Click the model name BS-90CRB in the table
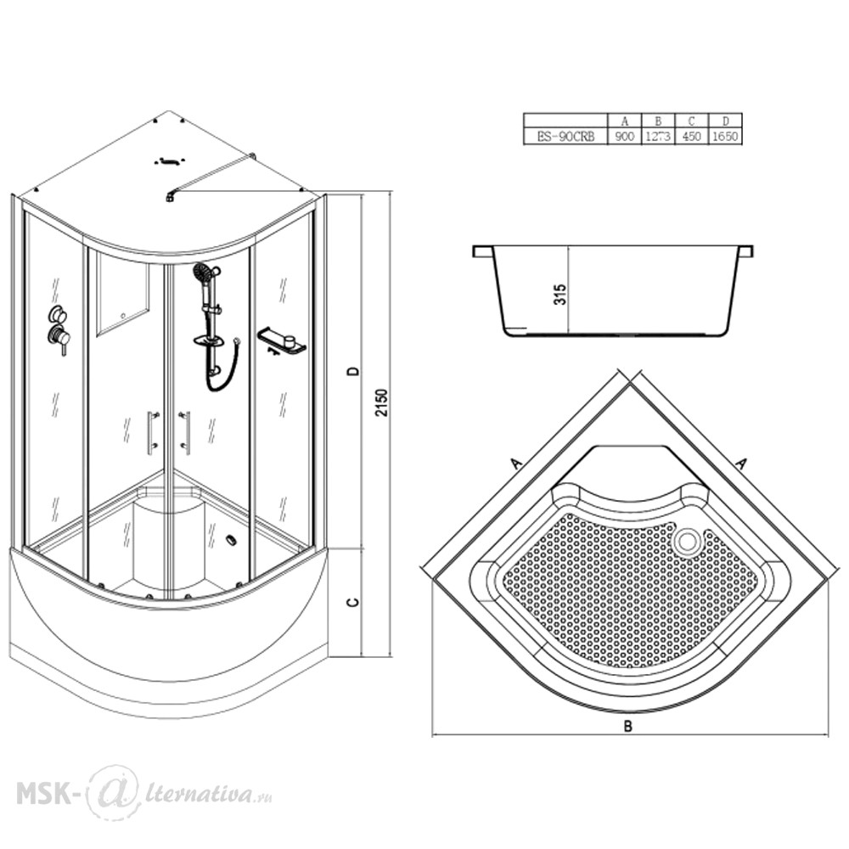(x=565, y=137)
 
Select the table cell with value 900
(x=624, y=137)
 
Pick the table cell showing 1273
(x=658, y=137)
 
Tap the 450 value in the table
(x=691, y=137)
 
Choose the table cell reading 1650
(x=724, y=137)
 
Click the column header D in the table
(x=726, y=121)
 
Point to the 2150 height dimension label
(x=382, y=402)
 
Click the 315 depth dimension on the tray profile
(x=559, y=295)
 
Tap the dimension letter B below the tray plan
(x=627, y=726)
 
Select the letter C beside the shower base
(x=353, y=602)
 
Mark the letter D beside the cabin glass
(x=353, y=371)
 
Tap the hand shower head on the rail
(x=203, y=272)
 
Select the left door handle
(x=151, y=431)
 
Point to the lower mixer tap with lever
(x=59, y=340)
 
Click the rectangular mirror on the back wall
(x=123, y=295)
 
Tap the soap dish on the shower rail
(x=210, y=341)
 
